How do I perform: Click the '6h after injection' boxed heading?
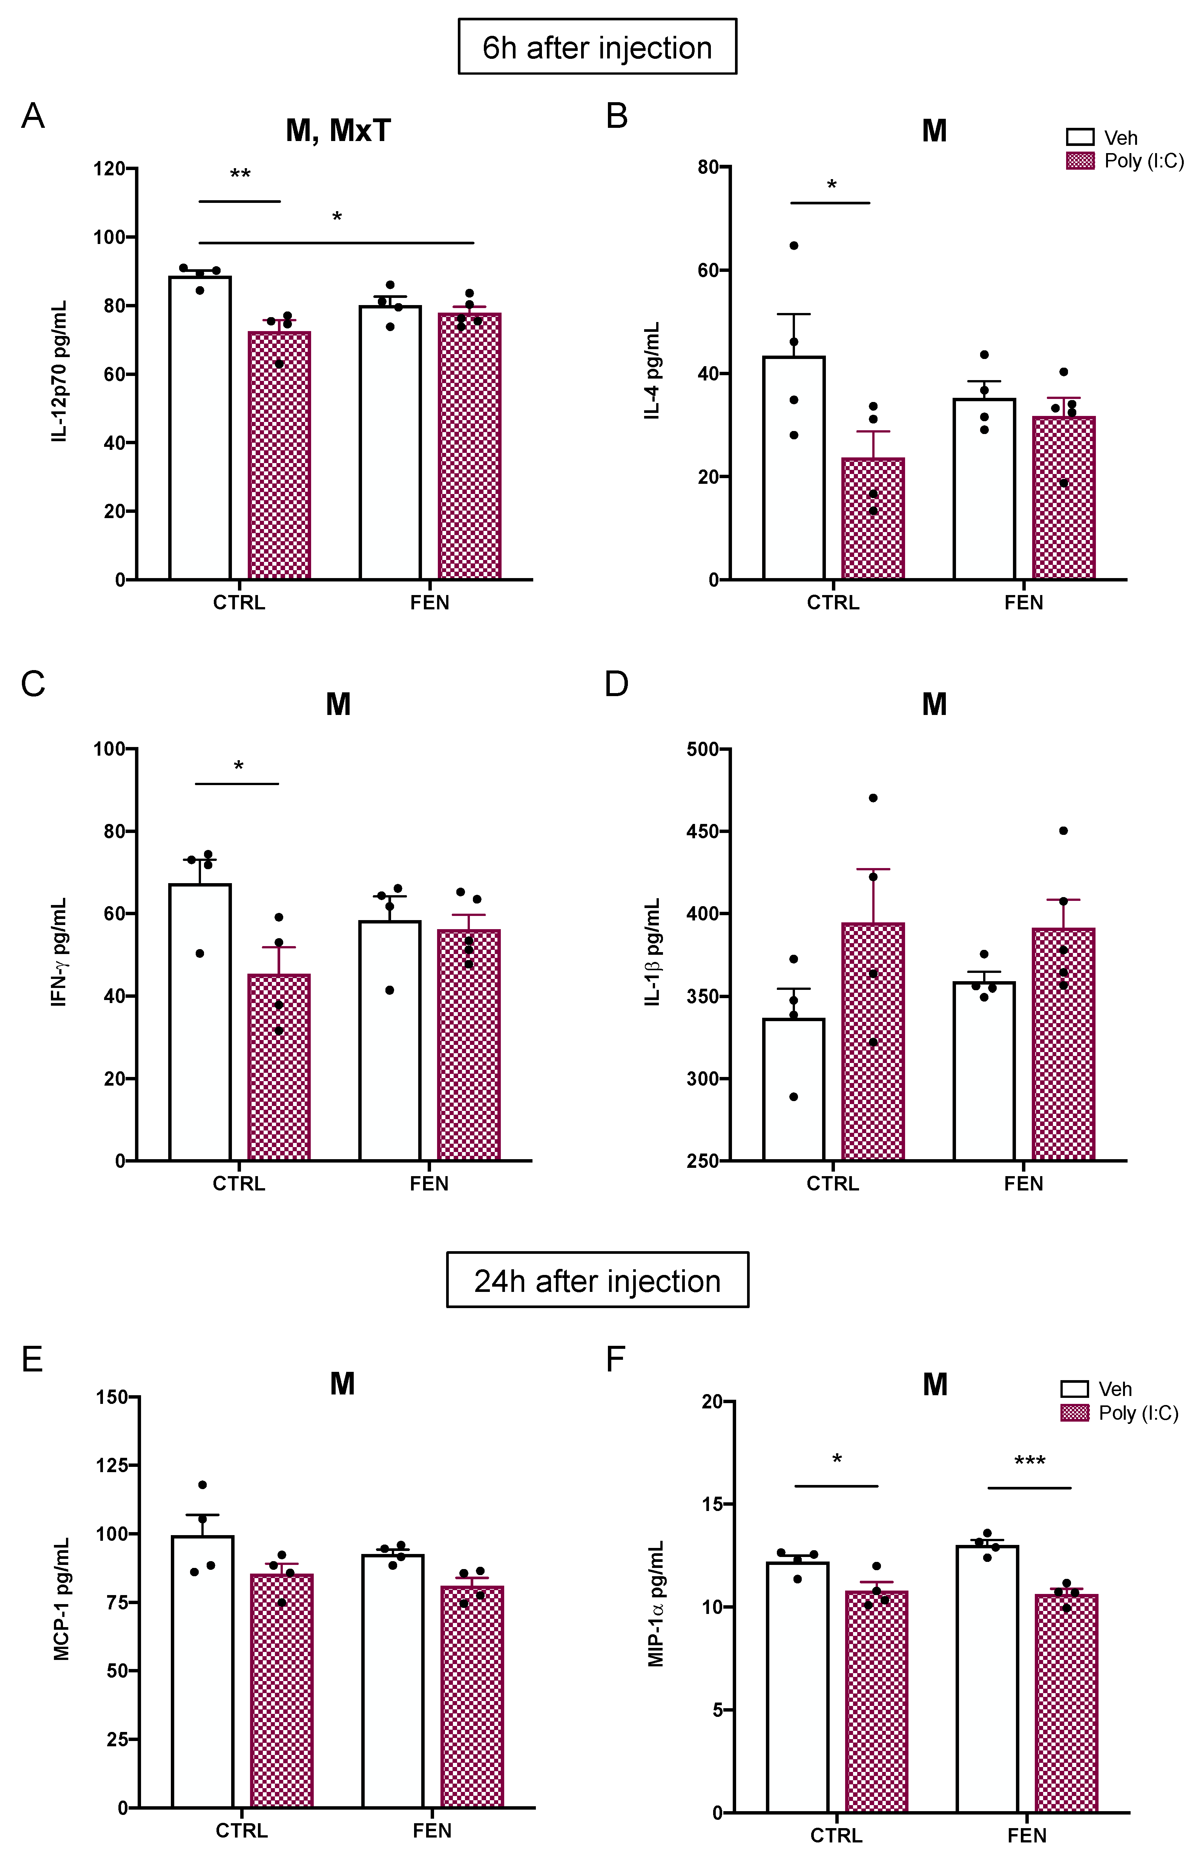(x=597, y=48)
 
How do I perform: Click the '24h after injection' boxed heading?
(x=597, y=1281)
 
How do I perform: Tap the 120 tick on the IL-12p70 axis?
(x=109, y=168)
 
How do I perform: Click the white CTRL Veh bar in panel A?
(x=200, y=428)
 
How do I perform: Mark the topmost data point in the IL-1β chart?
(x=873, y=798)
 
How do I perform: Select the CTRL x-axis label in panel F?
(x=836, y=1835)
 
